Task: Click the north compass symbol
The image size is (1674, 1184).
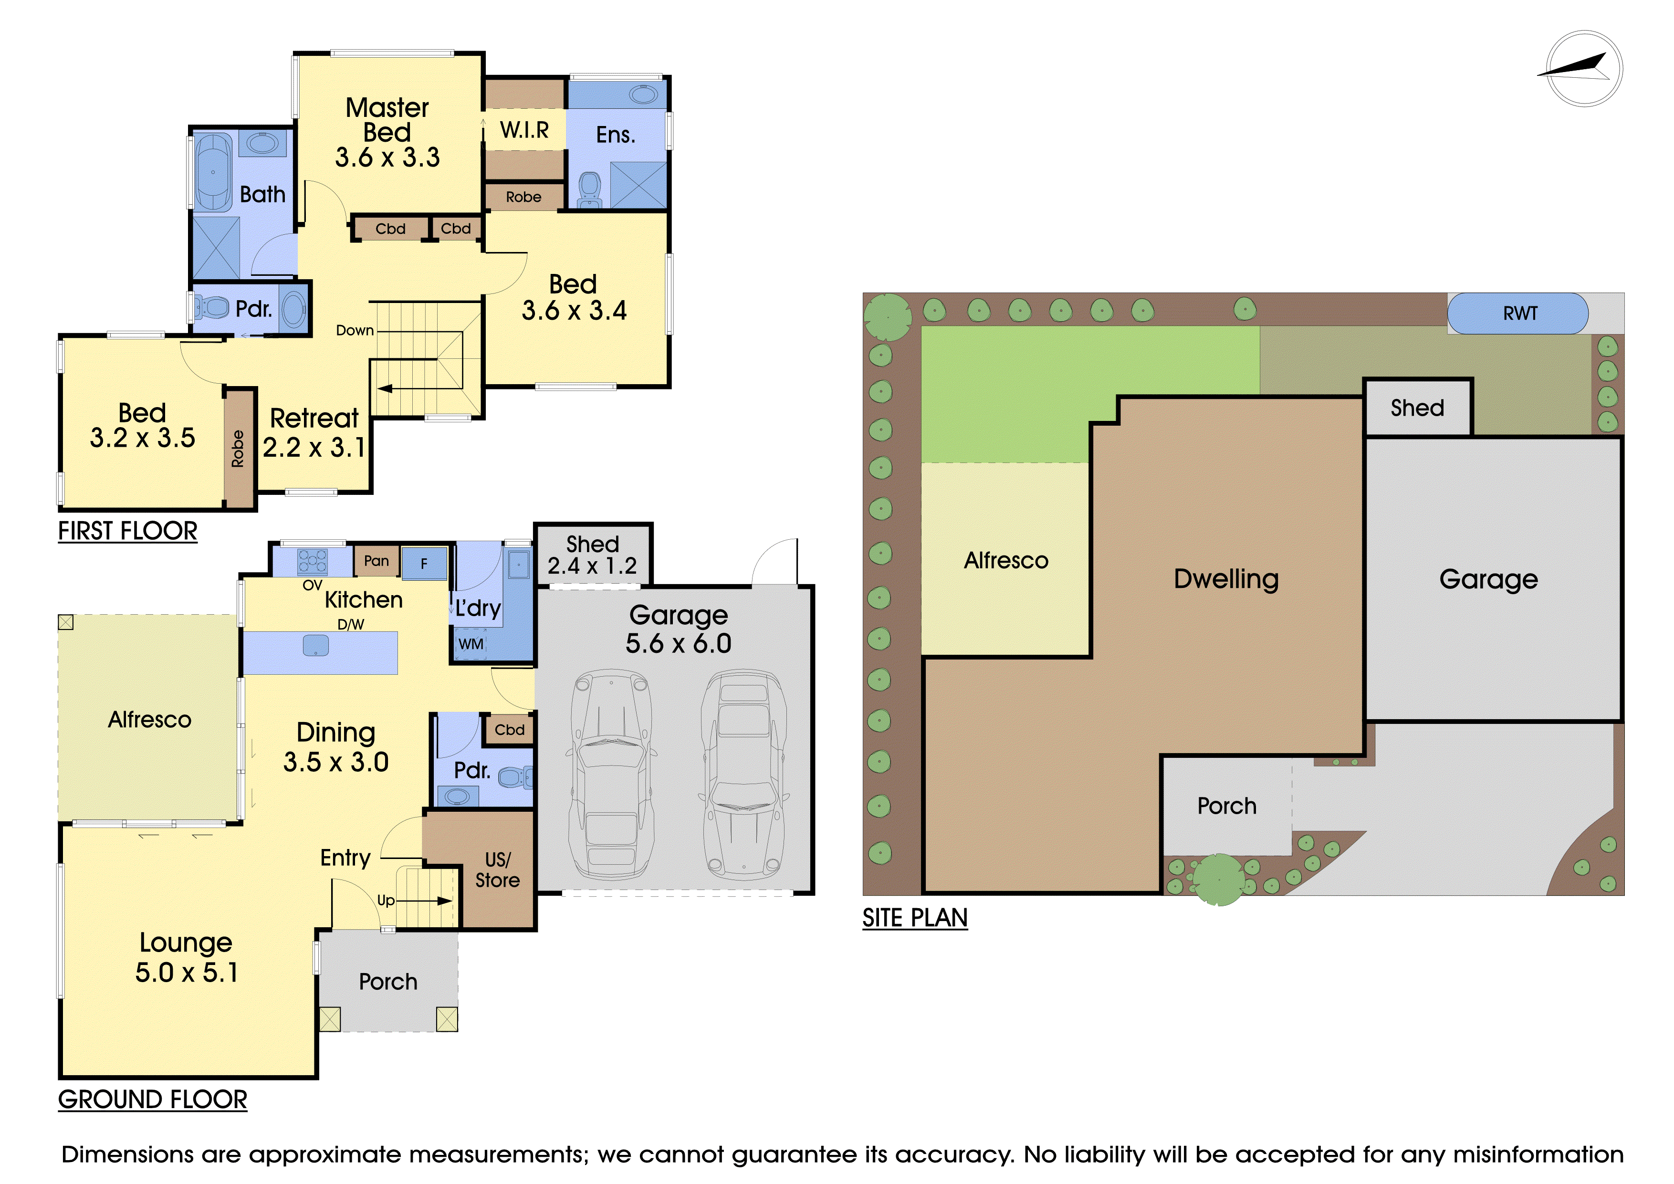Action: pyautogui.click(x=1584, y=69)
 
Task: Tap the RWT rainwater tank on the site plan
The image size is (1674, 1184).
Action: pyautogui.click(x=1517, y=314)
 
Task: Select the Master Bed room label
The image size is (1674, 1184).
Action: pyautogui.click(x=387, y=132)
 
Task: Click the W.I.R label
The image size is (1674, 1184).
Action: pyautogui.click(x=524, y=130)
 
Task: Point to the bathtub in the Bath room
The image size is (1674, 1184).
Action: pyautogui.click(x=213, y=172)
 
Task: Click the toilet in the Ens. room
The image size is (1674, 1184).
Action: pyautogui.click(x=589, y=189)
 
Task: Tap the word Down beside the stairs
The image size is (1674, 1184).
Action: pyautogui.click(x=355, y=330)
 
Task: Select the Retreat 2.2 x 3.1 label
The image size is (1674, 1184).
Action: pyautogui.click(x=314, y=432)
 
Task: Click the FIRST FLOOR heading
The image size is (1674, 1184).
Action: pyautogui.click(x=127, y=531)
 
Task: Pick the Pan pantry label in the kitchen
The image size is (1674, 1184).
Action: pyautogui.click(x=376, y=561)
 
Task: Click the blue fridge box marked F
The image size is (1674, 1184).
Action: pyautogui.click(x=424, y=564)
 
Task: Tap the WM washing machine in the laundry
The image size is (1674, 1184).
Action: pyautogui.click(x=471, y=644)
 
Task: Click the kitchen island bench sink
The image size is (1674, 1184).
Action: pyautogui.click(x=316, y=644)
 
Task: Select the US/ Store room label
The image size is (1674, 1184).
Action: pyautogui.click(x=498, y=870)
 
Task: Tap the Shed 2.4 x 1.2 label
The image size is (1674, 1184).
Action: pyautogui.click(x=592, y=555)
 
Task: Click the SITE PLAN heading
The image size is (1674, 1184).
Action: pyautogui.click(x=915, y=917)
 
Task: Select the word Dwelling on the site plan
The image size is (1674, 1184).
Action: pyautogui.click(x=1226, y=579)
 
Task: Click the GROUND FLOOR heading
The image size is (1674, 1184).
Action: pyautogui.click(x=152, y=1100)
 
